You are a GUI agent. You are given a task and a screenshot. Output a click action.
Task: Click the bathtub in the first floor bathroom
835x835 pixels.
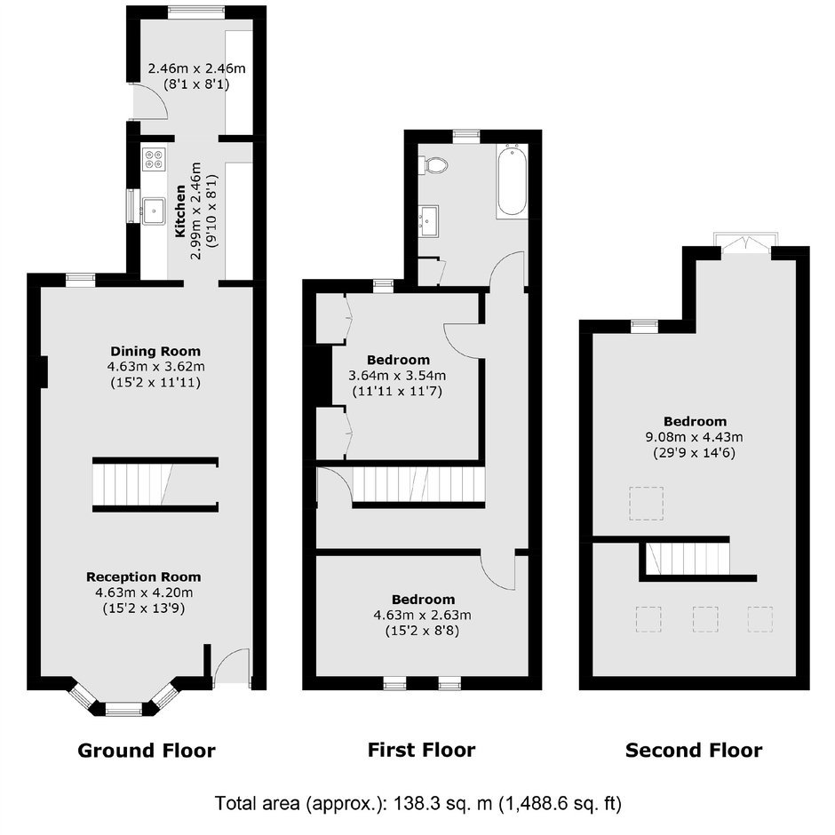tap(513, 181)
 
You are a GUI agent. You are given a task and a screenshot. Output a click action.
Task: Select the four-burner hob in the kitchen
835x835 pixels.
tap(154, 159)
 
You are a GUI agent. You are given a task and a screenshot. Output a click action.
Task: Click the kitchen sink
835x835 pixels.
tap(154, 211)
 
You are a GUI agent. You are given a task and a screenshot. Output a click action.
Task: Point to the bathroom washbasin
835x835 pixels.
tap(428, 220)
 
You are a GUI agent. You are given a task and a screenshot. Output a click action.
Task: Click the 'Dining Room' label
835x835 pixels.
tap(155, 352)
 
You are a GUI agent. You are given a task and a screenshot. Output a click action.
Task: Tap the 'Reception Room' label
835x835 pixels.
tap(144, 577)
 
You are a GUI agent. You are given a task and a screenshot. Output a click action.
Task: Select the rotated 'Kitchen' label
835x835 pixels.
tap(180, 211)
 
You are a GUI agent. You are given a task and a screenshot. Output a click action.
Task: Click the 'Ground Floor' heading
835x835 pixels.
tap(147, 751)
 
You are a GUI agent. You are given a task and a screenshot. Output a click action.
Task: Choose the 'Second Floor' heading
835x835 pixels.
tap(694, 751)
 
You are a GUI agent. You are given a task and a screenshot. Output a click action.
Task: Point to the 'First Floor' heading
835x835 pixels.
tap(421, 750)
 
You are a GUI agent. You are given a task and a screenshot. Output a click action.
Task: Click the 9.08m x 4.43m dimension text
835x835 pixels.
tap(694, 437)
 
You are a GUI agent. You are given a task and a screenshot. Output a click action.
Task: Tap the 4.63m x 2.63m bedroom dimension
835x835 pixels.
tap(422, 615)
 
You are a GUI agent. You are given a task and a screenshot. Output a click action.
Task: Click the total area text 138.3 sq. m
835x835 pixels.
tap(443, 803)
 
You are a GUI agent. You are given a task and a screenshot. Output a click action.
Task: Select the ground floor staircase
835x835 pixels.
tap(155, 485)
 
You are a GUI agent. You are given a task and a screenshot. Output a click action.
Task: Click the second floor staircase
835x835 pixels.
tap(688, 558)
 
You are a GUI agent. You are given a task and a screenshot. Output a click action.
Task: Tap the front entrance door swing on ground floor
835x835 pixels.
tap(232, 665)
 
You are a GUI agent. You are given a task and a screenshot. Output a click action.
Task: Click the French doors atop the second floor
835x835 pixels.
tap(745, 243)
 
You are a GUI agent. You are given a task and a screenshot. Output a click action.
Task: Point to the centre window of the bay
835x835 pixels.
tap(123, 709)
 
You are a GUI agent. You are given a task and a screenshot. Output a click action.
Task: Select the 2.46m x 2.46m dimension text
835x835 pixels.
tap(196, 68)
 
